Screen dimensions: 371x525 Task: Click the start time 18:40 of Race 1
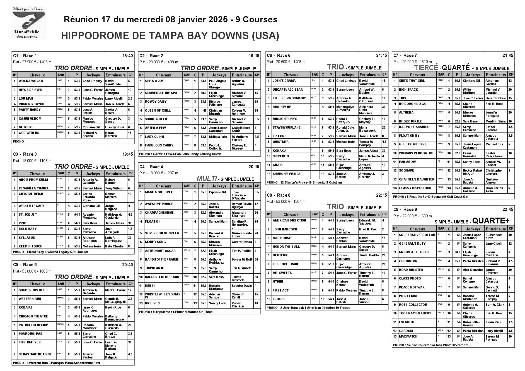pyautogui.click(x=128, y=56)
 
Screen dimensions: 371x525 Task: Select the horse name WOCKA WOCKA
pyautogui.click(x=31, y=81)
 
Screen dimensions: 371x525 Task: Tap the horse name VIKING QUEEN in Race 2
pyautogui.click(x=156, y=119)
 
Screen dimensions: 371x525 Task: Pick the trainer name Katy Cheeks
pyautogui.click(x=114, y=246)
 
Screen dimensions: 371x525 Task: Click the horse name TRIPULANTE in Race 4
pyautogui.click(x=154, y=268)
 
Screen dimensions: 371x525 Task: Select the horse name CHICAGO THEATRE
pyautogui.click(x=33, y=316)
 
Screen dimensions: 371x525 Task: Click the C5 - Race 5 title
pyautogui.click(x=25, y=265)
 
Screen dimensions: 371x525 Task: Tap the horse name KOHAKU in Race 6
pyautogui.click(x=279, y=151)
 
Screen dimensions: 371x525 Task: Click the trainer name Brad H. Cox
pyautogui.click(x=368, y=229)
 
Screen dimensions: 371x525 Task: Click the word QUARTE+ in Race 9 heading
pyautogui.click(x=491, y=221)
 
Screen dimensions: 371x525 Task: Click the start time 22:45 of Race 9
pyautogui.click(x=508, y=209)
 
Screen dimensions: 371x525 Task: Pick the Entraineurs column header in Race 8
pyautogui.click(x=369, y=215)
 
